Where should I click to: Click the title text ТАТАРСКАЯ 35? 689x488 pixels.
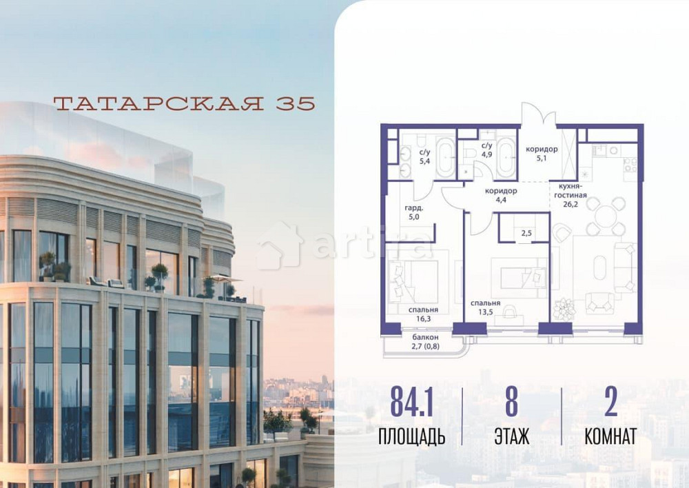[x=184, y=103]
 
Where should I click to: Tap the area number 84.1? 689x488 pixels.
[x=411, y=403]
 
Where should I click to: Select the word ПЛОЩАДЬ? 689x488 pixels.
[x=411, y=436]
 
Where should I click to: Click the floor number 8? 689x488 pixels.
[x=511, y=403]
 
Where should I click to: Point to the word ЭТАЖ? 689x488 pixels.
[x=511, y=436]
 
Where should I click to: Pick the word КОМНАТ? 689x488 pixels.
[x=610, y=436]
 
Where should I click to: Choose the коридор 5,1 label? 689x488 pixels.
[x=542, y=154]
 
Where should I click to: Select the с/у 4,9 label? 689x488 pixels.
[x=486, y=150]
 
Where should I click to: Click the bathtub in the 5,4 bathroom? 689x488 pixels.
[x=444, y=158]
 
